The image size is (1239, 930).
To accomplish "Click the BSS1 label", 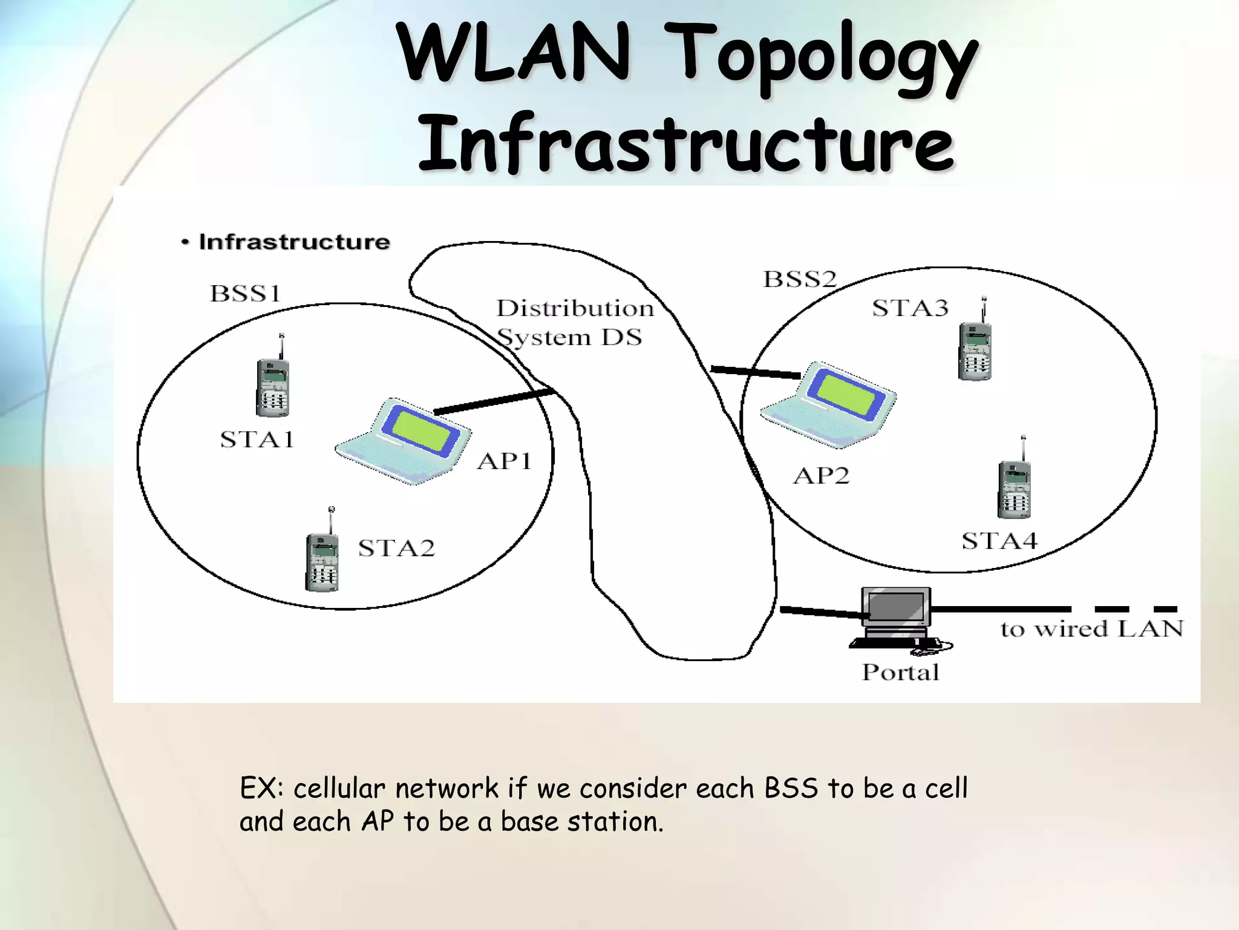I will (x=246, y=294).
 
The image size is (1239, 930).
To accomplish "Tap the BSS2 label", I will (x=800, y=279).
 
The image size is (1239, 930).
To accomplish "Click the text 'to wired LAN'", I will (x=1091, y=629).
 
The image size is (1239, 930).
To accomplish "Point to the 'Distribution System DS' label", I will (x=574, y=323).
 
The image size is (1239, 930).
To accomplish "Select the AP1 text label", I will (x=504, y=461).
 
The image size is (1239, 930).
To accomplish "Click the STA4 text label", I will (x=999, y=541).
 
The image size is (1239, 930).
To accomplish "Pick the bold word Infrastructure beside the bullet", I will (x=294, y=242).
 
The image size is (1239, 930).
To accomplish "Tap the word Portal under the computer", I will (x=900, y=673).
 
